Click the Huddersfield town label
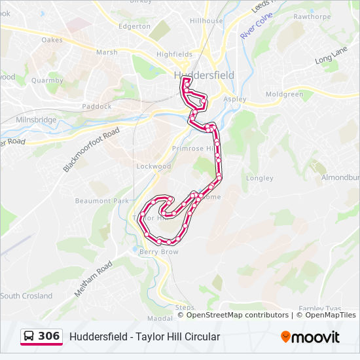pos(204,75)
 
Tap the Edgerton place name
pos(134,27)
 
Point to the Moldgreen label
pos(285,94)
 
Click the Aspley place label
pos(235,99)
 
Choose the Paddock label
pos(98,106)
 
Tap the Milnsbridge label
pos(37,120)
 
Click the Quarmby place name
pos(46,81)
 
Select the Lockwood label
pos(153,166)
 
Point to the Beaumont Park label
pos(102,201)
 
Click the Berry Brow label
pos(159,251)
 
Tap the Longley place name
pos(259,178)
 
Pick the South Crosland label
pos(27,296)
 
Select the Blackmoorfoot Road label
pos(92,151)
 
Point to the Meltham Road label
pos(93,279)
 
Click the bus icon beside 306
pos(29,336)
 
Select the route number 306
pos(49,336)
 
